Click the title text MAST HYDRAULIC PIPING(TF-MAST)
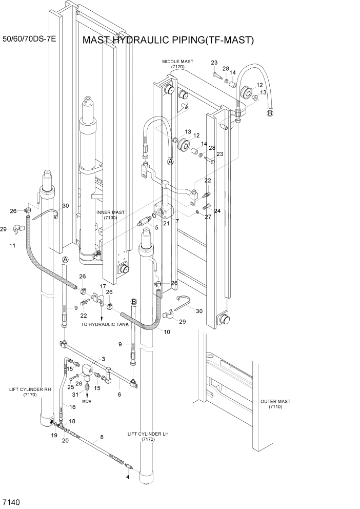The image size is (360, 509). click(169, 40)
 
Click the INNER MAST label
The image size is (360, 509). click(110, 214)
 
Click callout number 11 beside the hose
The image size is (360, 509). click(12, 246)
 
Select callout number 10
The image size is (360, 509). click(167, 332)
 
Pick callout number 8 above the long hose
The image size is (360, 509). click(102, 437)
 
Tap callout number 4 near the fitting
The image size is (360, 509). click(128, 477)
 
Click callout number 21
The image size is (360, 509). click(166, 223)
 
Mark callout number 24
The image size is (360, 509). click(217, 211)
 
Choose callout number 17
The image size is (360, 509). click(103, 286)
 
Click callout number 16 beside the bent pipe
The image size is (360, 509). click(72, 406)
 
